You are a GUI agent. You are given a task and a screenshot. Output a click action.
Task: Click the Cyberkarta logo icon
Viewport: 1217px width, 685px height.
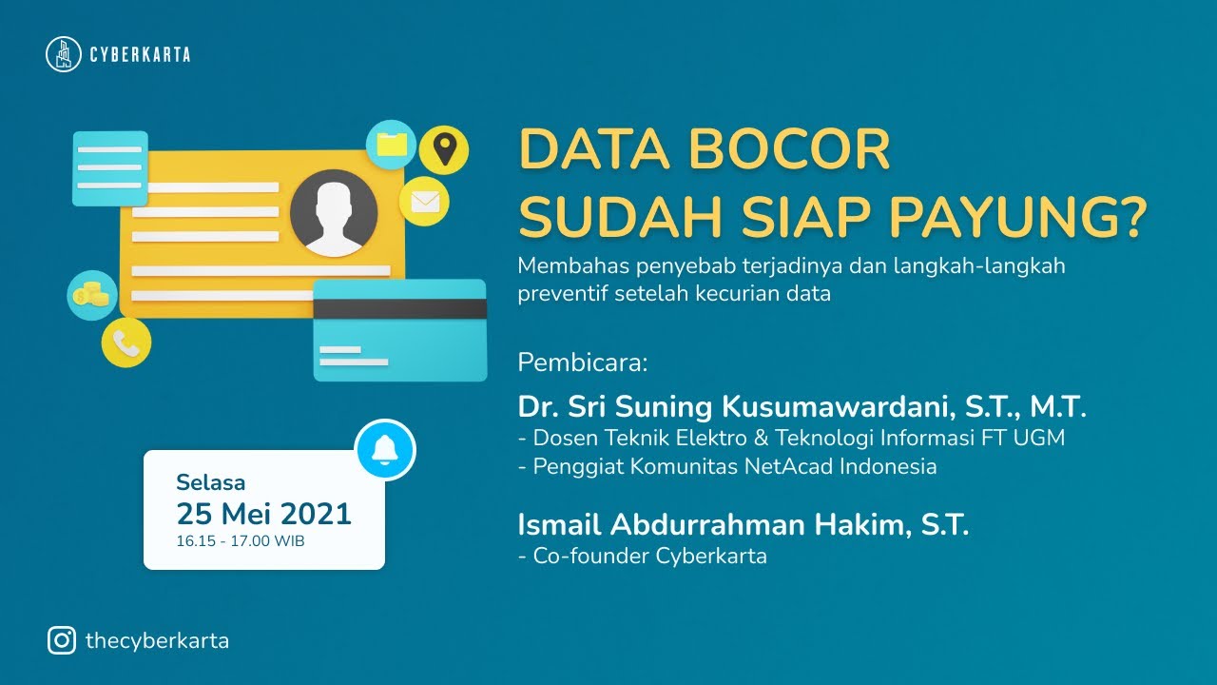pyautogui.click(x=64, y=54)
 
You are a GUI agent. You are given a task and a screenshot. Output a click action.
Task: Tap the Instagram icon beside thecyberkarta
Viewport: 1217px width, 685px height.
pyautogui.click(x=62, y=640)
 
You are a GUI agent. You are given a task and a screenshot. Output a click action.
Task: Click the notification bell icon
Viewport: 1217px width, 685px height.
pyautogui.click(x=385, y=449)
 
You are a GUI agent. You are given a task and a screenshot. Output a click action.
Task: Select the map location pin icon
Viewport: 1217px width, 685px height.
pyautogui.click(x=443, y=148)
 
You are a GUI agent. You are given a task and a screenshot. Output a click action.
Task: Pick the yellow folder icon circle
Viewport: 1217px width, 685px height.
pyautogui.click(x=392, y=145)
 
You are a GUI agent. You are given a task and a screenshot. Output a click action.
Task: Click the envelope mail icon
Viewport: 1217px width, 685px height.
pyautogui.click(x=424, y=202)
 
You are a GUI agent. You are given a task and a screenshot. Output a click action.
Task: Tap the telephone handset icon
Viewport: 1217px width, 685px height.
pyautogui.click(x=126, y=342)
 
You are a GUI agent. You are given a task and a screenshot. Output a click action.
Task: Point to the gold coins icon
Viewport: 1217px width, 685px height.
pyautogui.click(x=92, y=295)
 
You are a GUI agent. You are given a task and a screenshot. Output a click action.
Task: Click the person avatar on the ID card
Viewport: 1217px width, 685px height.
pyautogui.click(x=328, y=214)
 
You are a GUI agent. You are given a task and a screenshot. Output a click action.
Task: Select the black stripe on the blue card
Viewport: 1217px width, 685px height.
pyautogui.click(x=400, y=308)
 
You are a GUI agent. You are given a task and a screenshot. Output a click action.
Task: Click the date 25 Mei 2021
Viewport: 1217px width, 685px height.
pyautogui.click(x=263, y=514)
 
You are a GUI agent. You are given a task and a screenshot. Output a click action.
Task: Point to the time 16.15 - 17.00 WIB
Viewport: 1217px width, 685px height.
pyautogui.click(x=241, y=540)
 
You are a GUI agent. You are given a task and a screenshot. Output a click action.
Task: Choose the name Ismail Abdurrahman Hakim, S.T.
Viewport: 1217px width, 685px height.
pyautogui.click(x=743, y=524)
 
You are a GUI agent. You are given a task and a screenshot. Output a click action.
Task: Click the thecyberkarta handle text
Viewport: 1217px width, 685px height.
pyautogui.click(x=157, y=640)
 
